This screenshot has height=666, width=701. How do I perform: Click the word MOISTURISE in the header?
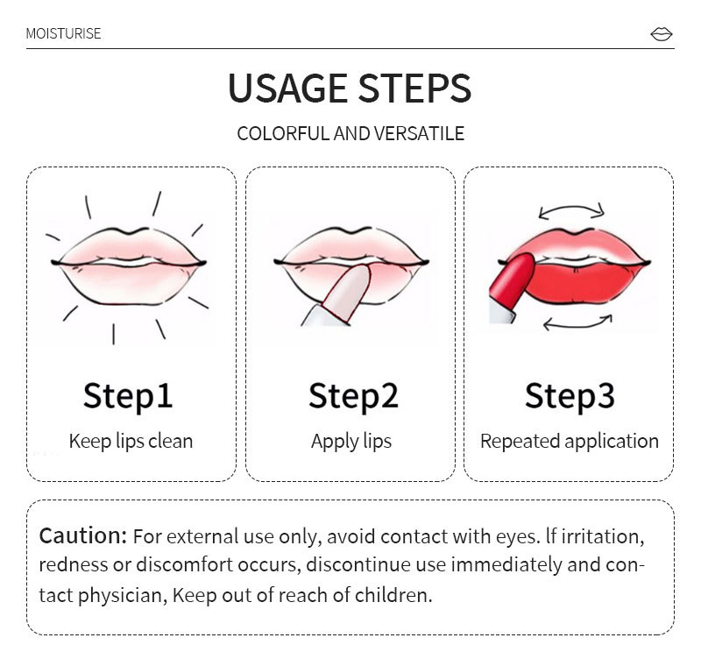click(63, 33)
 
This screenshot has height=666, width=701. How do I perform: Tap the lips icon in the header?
click(662, 34)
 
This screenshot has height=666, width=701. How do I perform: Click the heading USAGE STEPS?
click(350, 88)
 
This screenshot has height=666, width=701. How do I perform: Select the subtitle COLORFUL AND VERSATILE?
click(350, 134)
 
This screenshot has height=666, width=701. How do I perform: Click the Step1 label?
click(128, 396)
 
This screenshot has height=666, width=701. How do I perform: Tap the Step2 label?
click(353, 396)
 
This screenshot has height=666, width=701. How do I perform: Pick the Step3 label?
click(570, 396)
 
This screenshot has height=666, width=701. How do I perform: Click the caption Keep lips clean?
click(131, 442)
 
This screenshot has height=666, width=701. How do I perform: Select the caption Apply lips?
click(351, 442)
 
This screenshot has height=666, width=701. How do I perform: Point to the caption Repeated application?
click(570, 442)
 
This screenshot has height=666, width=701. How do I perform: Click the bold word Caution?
click(83, 535)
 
